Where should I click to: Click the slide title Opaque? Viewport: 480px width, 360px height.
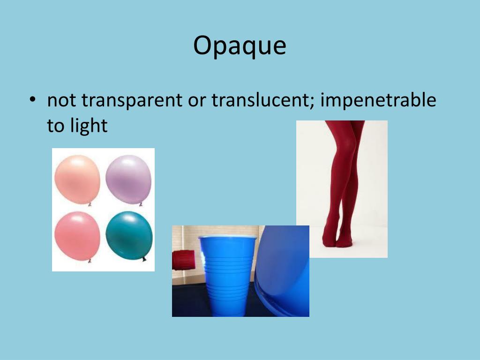[240, 46]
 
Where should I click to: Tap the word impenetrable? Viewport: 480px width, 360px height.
[378, 100]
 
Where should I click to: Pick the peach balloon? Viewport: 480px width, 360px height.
[77, 179]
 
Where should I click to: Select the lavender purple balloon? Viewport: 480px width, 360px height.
[128, 179]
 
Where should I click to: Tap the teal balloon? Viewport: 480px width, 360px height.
[129, 235]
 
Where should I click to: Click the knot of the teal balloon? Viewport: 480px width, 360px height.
[144, 258]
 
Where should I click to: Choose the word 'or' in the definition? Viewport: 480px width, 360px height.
[197, 100]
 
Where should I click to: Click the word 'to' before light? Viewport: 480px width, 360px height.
[56, 125]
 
